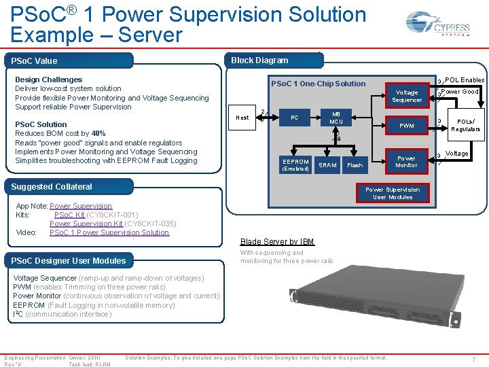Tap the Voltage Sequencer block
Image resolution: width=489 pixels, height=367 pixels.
point(407,96)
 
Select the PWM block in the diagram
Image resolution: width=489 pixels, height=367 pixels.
point(407,126)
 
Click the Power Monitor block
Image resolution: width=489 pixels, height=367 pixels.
point(406,161)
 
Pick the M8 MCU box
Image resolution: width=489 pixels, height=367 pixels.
point(336,117)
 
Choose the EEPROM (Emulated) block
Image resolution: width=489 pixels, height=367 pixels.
point(295,165)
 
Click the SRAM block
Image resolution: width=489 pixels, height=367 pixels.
point(328,165)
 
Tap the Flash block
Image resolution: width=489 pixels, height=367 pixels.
point(355,165)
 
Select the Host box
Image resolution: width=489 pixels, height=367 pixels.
point(242,118)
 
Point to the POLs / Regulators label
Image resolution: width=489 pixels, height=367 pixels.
point(465,126)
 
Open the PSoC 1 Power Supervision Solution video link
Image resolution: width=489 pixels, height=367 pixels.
point(109,232)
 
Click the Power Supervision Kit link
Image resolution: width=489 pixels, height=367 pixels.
point(86,224)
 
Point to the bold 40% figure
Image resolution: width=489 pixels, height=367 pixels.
point(98,134)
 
